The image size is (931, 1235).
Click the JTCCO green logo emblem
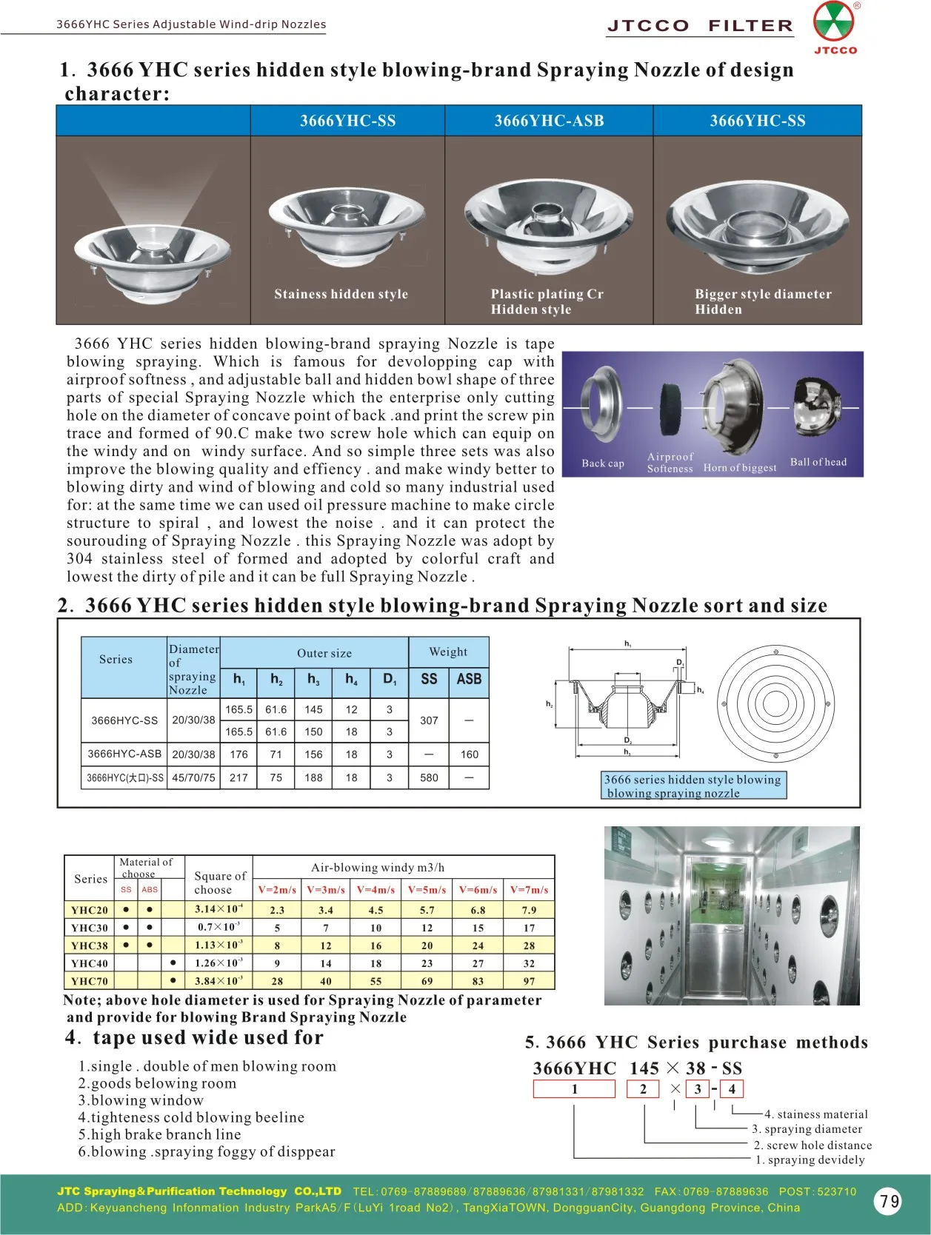point(834,22)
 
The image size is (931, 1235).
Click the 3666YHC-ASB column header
point(549,121)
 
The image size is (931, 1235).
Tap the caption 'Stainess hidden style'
point(341,294)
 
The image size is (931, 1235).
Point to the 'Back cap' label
point(603,463)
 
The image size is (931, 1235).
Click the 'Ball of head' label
point(818,462)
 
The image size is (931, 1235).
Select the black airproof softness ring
point(672,407)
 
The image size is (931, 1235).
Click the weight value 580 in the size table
point(429,777)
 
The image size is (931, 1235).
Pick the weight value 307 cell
point(429,720)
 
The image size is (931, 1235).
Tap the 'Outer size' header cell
point(324,653)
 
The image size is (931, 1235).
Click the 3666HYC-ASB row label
point(124,754)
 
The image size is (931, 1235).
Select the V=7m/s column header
point(529,889)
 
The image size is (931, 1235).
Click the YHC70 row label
point(90,981)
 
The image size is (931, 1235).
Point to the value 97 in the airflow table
point(529,981)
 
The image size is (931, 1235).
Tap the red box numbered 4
point(732,1088)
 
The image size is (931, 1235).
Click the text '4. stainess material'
point(815,1114)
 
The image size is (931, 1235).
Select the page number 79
point(890,1201)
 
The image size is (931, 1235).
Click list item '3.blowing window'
point(141,1100)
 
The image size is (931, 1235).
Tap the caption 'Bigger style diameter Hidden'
point(762,301)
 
